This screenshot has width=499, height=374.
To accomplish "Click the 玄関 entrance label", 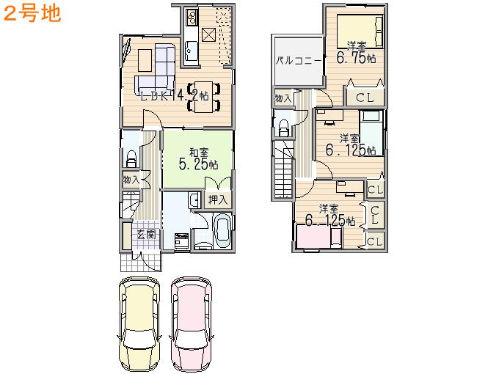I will (x=146, y=235).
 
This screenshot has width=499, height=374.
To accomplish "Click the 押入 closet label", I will (x=217, y=199).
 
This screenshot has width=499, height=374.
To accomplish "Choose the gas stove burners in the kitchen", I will (x=191, y=15).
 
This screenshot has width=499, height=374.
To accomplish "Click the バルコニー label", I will (x=298, y=62).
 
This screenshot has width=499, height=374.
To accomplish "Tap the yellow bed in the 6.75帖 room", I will (x=360, y=32).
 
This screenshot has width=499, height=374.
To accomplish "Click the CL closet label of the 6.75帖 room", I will (x=365, y=98).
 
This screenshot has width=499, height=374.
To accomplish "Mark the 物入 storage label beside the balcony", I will (x=283, y=98).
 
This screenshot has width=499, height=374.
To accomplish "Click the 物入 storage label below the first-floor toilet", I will (x=131, y=179).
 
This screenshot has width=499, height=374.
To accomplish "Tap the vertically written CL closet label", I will (x=374, y=215).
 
